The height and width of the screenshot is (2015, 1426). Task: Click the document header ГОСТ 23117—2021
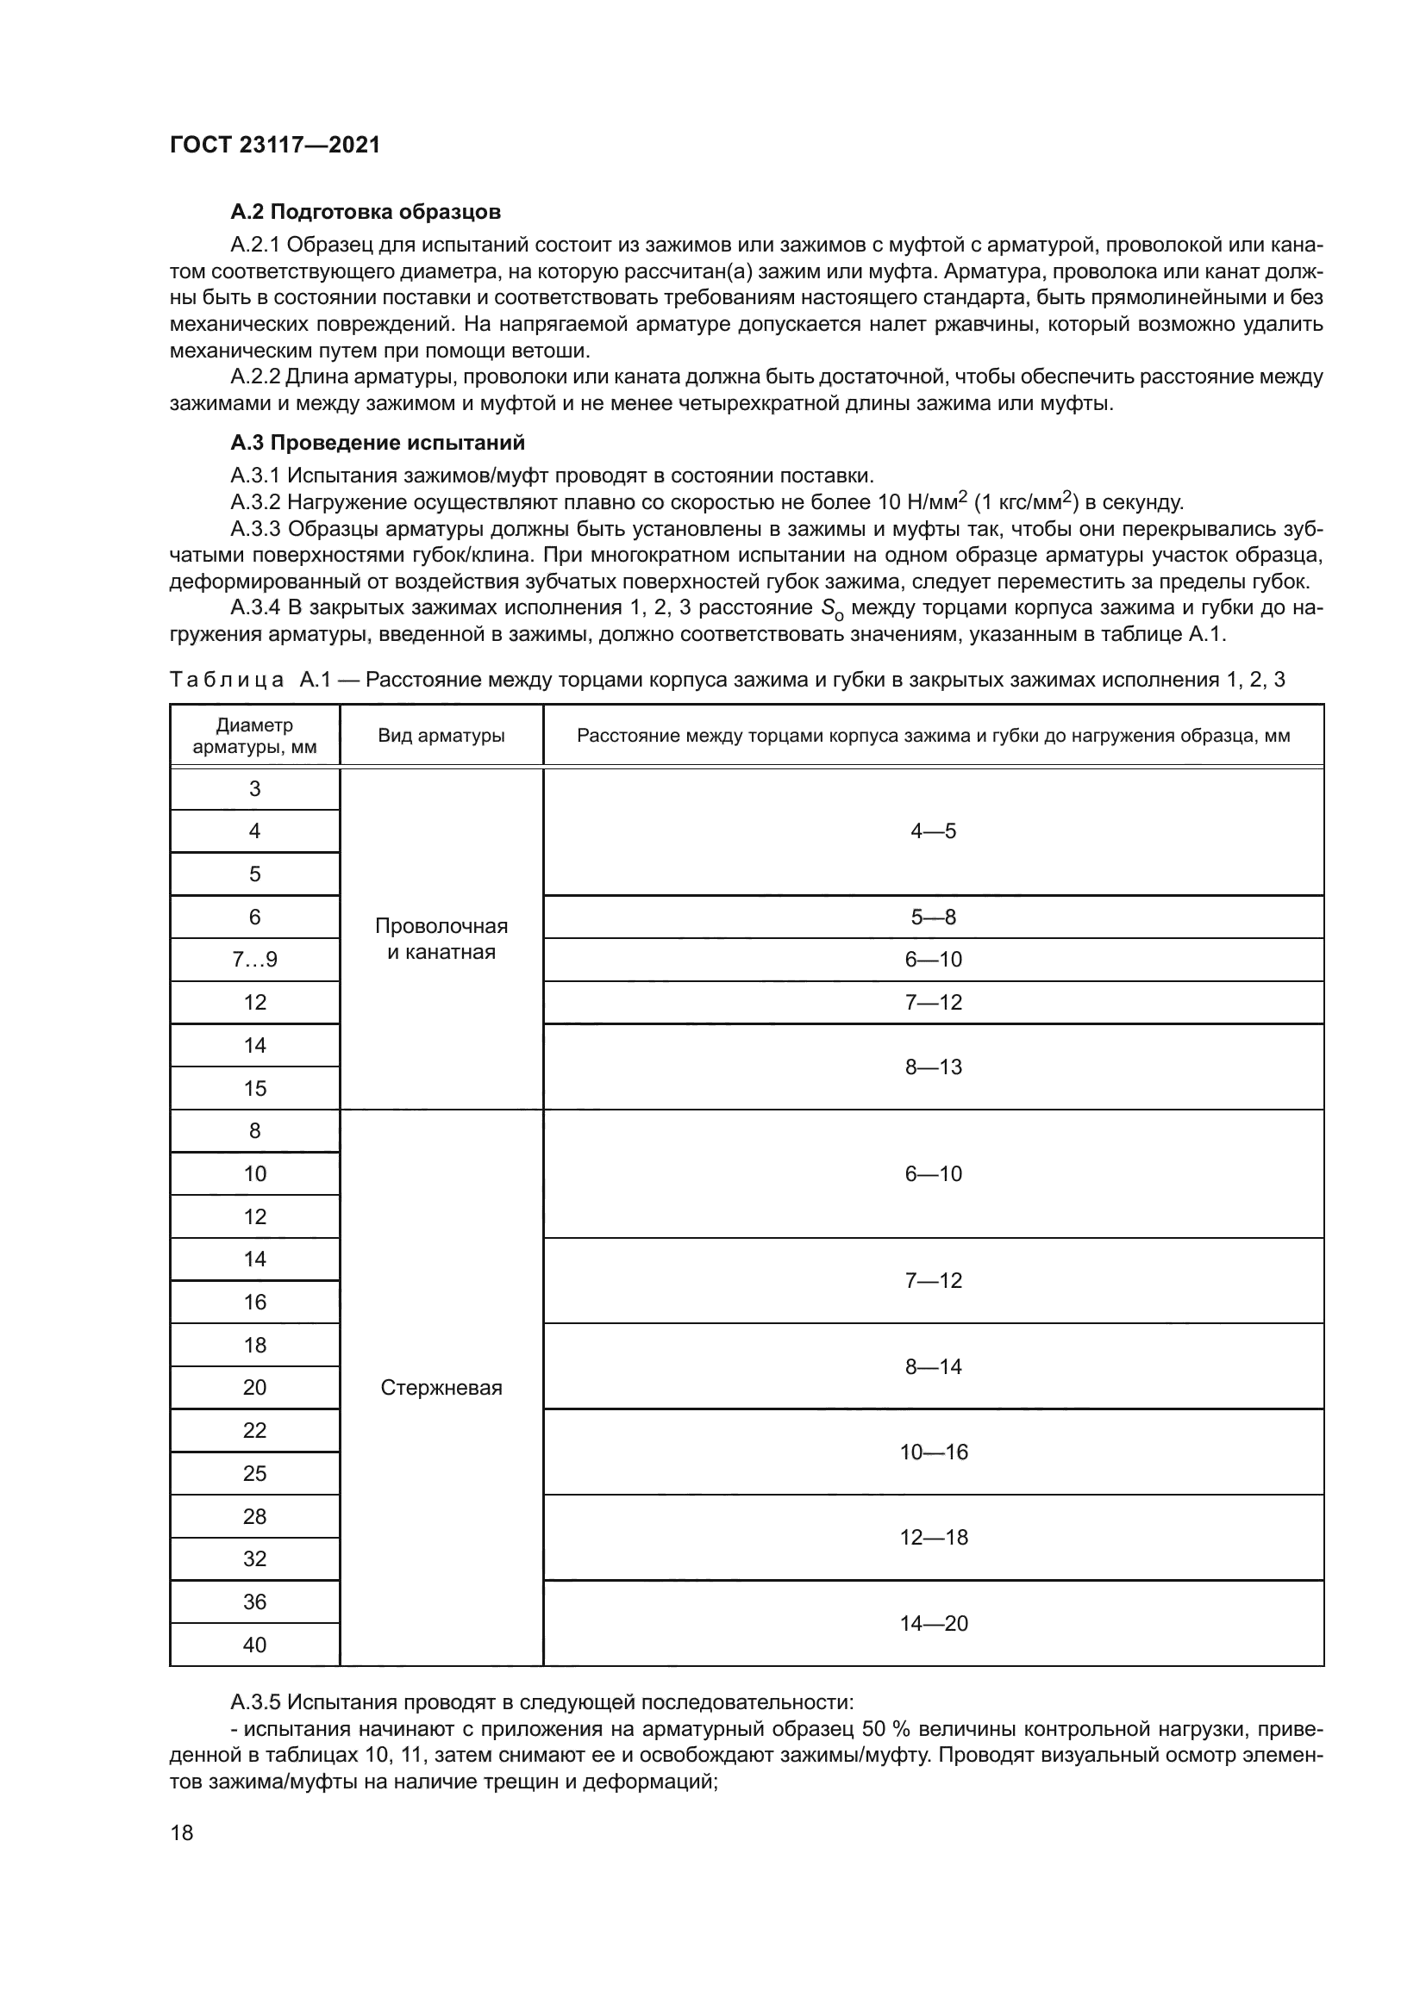coord(275,145)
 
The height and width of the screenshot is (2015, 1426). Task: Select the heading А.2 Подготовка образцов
coord(366,212)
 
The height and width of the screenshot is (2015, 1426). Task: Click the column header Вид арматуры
coord(441,736)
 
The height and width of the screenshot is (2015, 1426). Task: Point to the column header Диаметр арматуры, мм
coord(254,737)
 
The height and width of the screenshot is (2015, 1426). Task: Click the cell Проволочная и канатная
coord(441,939)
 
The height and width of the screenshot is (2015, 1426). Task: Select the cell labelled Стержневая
coord(441,1388)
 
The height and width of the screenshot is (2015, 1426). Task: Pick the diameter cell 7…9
coord(254,959)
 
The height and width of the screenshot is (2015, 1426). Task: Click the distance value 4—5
coord(933,831)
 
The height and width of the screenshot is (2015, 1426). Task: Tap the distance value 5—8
coord(933,917)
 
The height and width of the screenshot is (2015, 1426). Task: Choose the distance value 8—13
coord(933,1067)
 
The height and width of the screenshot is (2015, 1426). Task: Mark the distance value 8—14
coord(933,1366)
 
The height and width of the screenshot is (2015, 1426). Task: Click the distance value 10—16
coord(933,1452)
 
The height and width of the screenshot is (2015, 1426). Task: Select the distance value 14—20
coord(933,1623)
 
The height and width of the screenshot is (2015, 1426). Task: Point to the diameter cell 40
coord(254,1645)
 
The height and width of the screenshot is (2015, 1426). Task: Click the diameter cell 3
coord(254,788)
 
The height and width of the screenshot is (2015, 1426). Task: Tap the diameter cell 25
coord(254,1473)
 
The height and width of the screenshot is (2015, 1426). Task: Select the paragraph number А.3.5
coord(254,1702)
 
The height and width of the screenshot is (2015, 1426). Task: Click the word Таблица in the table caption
coord(227,679)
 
